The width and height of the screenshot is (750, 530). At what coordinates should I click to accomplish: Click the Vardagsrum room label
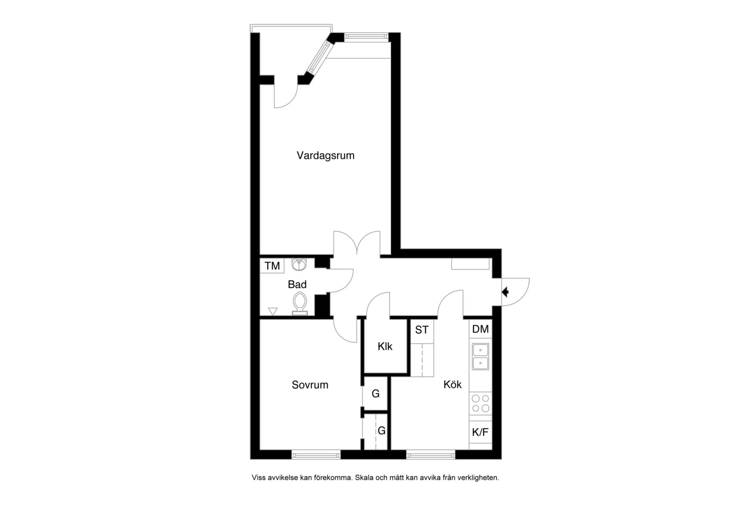point(325,156)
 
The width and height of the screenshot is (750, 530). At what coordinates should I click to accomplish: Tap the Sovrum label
point(310,385)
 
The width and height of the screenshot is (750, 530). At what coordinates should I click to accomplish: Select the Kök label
point(453,384)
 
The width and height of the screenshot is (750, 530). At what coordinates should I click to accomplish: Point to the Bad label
point(297,285)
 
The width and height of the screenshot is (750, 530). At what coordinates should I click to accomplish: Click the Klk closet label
point(385,346)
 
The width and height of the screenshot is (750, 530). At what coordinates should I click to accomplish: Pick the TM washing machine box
point(272,266)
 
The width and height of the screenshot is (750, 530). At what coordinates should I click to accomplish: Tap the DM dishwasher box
point(481,329)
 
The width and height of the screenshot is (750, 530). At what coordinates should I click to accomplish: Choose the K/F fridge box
point(481,432)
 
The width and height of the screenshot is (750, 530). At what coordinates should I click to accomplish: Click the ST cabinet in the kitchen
point(422,330)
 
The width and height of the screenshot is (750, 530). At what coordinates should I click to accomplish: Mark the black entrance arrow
point(505,292)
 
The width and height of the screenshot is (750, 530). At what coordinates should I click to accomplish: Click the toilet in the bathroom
point(300,304)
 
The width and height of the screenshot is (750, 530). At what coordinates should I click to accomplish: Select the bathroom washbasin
point(299,264)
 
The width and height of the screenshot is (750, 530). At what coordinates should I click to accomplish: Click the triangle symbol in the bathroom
point(273,311)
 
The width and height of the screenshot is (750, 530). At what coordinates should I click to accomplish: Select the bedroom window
point(316,454)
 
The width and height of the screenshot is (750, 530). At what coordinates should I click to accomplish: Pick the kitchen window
point(430,454)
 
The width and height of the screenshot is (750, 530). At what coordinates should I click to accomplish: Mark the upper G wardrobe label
point(375,394)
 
